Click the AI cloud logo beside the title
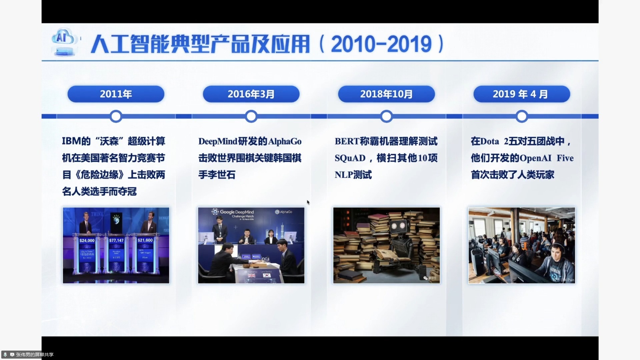pos(64,42)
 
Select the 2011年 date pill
pos(116,94)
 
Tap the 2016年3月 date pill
pos(251,94)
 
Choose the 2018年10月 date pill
pos(386,94)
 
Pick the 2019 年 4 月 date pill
pos(521,94)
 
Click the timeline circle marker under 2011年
pos(116,116)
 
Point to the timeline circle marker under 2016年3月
pos(251,116)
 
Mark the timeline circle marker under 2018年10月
pos(386,116)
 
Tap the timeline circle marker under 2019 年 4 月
pos(522,116)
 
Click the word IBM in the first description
pos(71,141)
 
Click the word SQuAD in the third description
pos(350,158)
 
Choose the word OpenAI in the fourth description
pos(535,158)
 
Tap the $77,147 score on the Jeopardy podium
pos(116,240)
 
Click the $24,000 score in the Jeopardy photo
pos(87,240)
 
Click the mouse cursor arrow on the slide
pos(308,202)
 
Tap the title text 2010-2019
pos(381,44)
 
